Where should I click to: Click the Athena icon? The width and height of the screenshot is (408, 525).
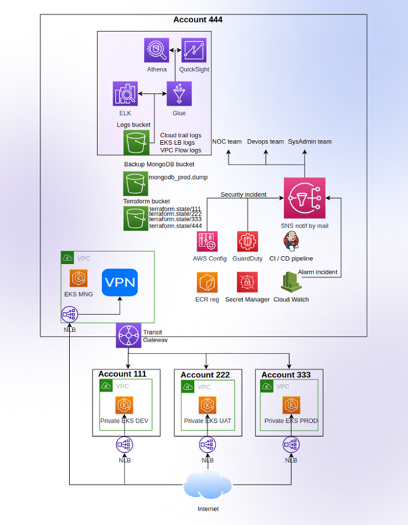click(x=157, y=50)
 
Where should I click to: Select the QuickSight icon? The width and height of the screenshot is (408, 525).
click(x=194, y=50)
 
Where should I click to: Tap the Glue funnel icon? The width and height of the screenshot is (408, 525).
click(x=179, y=94)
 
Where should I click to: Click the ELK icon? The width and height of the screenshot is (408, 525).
click(x=125, y=94)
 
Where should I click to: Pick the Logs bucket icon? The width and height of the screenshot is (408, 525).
click(x=136, y=143)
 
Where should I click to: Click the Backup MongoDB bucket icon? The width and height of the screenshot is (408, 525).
click(x=136, y=183)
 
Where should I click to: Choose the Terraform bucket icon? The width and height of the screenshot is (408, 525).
click(x=136, y=218)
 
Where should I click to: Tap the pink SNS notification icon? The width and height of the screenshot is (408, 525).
click(x=304, y=198)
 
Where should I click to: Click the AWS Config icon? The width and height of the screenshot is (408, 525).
click(x=207, y=241)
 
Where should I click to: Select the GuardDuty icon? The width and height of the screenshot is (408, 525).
click(x=247, y=241)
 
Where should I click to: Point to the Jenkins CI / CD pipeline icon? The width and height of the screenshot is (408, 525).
click(x=291, y=241)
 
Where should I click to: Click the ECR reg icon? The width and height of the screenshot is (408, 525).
click(x=207, y=282)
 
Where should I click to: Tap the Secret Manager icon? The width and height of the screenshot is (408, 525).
click(x=247, y=282)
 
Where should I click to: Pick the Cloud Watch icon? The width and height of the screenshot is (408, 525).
click(x=291, y=282)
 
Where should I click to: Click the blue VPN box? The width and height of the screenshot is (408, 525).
click(x=120, y=283)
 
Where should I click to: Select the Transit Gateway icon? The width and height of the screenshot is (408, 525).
click(x=129, y=335)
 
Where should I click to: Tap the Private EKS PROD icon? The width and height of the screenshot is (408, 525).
click(x=291, y=405)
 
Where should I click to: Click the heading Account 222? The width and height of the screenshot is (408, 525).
click(x=205, y=374)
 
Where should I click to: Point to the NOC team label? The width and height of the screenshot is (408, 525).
click(x=227, y=141)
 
